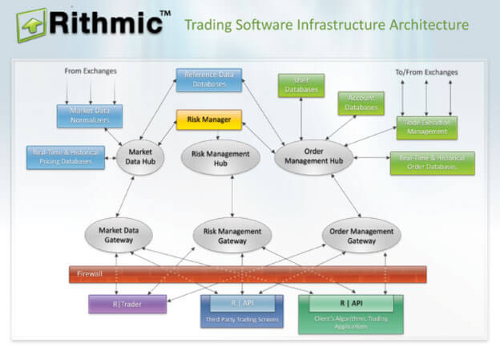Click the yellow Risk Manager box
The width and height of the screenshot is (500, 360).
(208, 120)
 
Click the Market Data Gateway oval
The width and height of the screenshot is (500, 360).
(119, 233)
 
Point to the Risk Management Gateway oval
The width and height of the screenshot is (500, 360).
(232, 234)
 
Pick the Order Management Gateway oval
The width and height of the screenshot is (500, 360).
(361, 233)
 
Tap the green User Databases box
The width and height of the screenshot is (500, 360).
(301, 85)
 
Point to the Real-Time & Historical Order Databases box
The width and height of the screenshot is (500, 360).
(431, 163)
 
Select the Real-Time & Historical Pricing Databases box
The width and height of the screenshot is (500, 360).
(68, 156)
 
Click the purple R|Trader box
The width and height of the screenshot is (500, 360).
(127, 303)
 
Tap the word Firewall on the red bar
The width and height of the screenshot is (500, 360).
(90, 274)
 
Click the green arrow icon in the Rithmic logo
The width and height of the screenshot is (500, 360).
(30, 26)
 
